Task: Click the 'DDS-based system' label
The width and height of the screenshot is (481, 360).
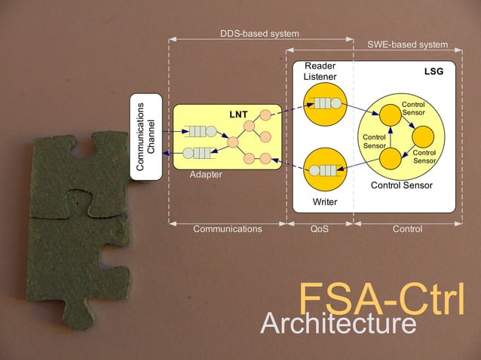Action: pos(259,34)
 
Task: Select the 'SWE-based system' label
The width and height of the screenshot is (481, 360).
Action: pos(407,45)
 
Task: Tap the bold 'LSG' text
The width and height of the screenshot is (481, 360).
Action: pos(434,72)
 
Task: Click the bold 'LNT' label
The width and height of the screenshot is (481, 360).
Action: pos(239,114)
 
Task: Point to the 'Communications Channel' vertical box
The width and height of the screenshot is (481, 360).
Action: pos(146,136)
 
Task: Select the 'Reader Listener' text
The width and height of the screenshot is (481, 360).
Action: pos(320,72)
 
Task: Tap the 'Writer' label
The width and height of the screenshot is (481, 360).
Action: pos(325,202)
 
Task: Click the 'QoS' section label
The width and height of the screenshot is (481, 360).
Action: pos(320,229)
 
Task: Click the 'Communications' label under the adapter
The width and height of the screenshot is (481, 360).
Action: pos(228,229)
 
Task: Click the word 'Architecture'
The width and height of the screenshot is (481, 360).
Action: pos(338,325)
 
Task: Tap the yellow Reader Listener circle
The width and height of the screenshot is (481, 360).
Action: pos(325,104)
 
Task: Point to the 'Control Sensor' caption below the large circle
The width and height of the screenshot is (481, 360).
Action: pos(402,185)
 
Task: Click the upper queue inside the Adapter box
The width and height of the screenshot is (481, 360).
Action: pos(200,130)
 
